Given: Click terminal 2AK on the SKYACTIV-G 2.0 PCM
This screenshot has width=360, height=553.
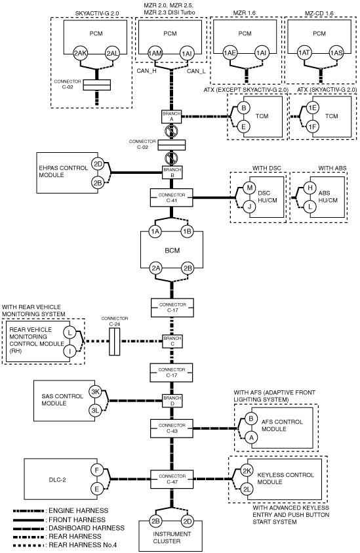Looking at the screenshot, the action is point(81,54).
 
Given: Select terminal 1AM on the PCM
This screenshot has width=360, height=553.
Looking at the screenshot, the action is point(155,54).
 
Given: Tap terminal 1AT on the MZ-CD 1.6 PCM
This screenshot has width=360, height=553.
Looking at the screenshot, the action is point(304,53).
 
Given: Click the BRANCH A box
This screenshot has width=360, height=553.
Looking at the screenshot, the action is point(172,117).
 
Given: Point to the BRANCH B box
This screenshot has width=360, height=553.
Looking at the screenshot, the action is point(172,173).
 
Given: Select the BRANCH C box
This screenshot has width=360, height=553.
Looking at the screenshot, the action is point(172,341).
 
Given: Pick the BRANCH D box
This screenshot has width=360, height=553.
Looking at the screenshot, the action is point(172,401).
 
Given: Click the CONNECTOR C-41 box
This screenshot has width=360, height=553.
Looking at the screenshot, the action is point(171,197).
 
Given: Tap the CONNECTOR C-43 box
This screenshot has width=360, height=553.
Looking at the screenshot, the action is point(172,428).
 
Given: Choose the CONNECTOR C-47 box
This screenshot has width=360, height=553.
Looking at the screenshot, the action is point(172,479).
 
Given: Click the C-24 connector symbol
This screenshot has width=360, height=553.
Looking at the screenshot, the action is point(115,342).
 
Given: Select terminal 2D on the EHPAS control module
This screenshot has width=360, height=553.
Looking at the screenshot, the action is point(98,164).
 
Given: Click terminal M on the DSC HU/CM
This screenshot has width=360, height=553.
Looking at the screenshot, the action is point(250,188).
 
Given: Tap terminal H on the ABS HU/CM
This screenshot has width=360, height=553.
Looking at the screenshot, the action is point(310,188).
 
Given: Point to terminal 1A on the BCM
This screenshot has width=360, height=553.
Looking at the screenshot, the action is point(155,232).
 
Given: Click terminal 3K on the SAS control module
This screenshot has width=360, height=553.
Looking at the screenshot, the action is point(95,392).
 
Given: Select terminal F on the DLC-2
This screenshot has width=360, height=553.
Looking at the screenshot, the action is point(96,470).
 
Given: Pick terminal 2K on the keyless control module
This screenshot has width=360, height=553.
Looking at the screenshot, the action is point(247,471).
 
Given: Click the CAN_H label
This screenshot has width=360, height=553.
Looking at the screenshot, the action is point(146,71).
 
